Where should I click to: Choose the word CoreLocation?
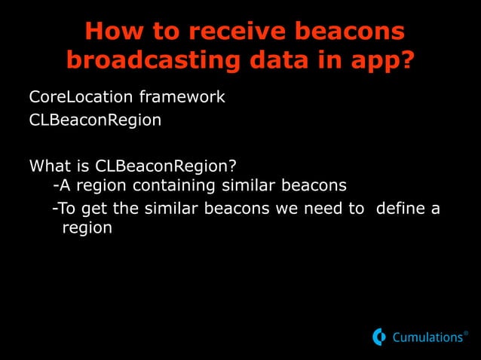[72, 97]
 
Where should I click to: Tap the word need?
[321, 207]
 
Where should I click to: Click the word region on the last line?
[87, 228]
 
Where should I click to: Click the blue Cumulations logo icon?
[379, 337]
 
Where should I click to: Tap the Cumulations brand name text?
[427, 338]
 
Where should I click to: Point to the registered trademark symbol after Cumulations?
[465, 333]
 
